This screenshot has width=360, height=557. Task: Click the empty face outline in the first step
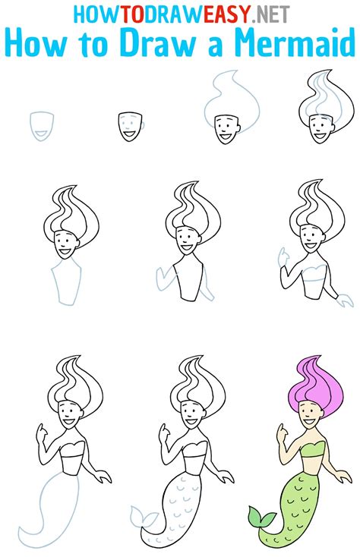42,126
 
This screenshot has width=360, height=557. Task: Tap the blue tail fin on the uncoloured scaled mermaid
142,519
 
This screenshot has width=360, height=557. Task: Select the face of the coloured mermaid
309,415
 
